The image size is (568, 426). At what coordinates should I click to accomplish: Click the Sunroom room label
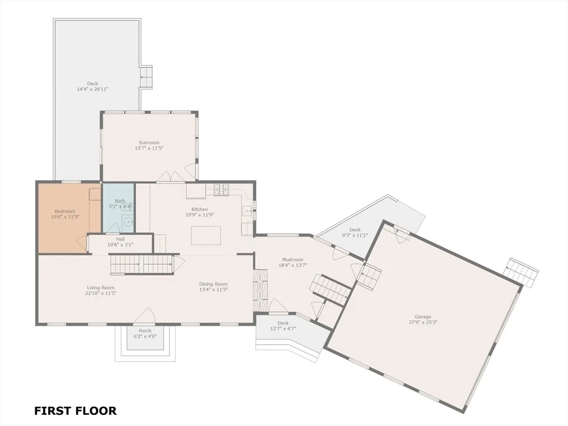tap(149, 143)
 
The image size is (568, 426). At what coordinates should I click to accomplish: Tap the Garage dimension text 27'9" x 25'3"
tap(423, 322)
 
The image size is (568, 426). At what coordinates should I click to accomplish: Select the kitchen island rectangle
tap(206, 235)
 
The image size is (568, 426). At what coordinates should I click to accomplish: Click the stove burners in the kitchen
tap(222, 190)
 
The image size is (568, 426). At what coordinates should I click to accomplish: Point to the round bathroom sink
tap(128, 220)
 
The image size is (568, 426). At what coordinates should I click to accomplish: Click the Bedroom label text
tap(65, 211)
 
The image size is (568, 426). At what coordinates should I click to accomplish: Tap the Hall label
tap(120, 239)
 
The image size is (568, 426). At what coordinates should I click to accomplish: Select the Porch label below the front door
tap(145, 331)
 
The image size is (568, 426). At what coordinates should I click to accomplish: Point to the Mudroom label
tap(293, 260)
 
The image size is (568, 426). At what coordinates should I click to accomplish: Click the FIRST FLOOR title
tap(75, 411)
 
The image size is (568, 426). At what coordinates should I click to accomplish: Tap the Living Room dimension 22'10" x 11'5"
tap(101, 293)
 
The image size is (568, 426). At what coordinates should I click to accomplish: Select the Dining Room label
tap(214, 284)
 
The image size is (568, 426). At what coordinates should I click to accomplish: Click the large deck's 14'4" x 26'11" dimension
tap(93, 89)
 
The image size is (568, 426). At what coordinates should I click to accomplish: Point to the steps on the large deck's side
tap(146, 77)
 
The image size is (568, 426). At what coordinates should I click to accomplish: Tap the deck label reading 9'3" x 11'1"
tap(355, 235)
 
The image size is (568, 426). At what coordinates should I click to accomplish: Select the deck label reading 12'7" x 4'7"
tap(283, 328)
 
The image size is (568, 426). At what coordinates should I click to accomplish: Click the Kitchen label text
tap(200, 209)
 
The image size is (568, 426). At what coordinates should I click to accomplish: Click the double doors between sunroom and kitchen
tap(171, 177)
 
